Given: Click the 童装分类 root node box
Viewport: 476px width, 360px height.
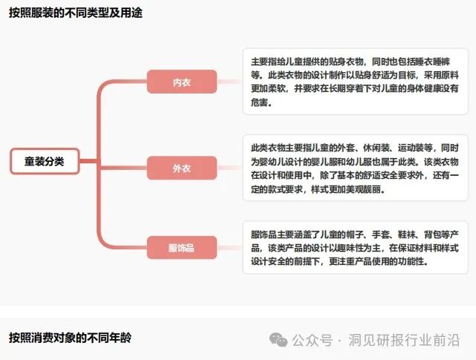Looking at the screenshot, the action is click(45, 161).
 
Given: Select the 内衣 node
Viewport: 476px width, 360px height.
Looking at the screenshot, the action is click(181, 82).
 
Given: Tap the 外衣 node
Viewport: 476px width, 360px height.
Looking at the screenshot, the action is click(181, 168).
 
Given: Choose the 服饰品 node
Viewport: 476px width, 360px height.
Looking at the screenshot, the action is click(181, 247).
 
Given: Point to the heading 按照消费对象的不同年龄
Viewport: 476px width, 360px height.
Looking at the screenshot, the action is click(70, 338).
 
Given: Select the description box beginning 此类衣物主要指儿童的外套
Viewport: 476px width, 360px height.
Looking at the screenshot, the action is click(355, 168).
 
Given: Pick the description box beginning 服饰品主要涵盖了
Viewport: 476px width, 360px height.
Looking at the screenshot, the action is click(355, 247).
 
